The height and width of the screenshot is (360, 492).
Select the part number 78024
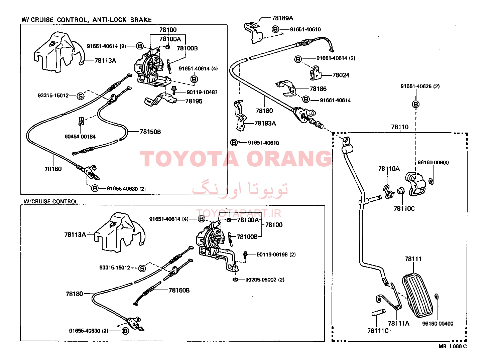pos(341,75)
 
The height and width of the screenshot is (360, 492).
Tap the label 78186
pos(318,89)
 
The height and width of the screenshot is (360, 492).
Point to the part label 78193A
pos(265,123)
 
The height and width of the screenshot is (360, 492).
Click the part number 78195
pos(194,101)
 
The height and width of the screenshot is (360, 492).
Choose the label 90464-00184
pos(80,137)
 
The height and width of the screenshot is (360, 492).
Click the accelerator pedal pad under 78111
pos(417,295)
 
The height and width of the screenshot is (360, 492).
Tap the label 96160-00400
pos(438,324)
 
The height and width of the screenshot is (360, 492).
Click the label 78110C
pos(404,208)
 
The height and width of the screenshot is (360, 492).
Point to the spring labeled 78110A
pos(388,192)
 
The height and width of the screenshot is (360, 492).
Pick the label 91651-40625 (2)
pos(420,86)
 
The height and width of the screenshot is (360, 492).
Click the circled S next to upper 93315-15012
pos(81,96)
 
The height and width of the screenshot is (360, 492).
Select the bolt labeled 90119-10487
pos(174,90)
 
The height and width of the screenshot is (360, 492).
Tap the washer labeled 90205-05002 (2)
pos(235,280)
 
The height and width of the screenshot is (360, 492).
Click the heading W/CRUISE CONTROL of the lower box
pos(51,201)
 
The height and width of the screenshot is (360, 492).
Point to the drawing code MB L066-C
pos(453,347)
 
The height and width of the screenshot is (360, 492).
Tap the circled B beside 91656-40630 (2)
pos(125,331)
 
